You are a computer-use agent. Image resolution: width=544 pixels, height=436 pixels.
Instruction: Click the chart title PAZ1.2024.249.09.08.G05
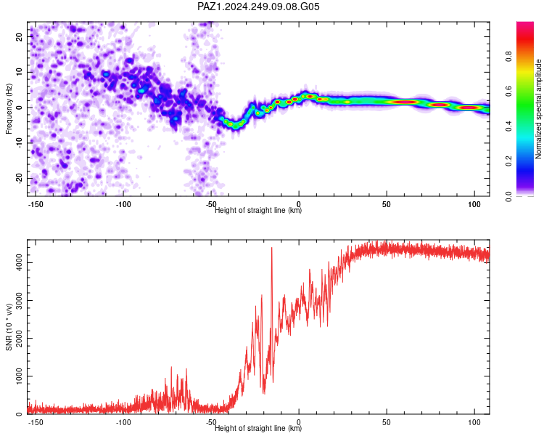pos(258,7)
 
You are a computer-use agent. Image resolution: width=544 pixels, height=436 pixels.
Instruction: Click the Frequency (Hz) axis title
pos(9,109)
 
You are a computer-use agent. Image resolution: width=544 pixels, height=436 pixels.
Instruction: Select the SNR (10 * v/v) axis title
pos(9,327)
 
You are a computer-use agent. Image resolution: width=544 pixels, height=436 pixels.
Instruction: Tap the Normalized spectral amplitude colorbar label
pos(538,109)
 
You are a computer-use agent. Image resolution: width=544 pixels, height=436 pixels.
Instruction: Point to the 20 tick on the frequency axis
pos(20,36)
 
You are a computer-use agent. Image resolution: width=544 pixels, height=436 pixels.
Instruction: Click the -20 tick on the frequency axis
pos(20,178)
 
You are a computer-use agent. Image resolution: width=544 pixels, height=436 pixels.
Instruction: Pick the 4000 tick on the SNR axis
pos(20,262)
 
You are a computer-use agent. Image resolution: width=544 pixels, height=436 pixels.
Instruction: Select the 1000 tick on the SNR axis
pos(20,376)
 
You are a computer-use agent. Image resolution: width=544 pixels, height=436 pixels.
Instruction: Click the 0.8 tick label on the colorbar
pos(508,56)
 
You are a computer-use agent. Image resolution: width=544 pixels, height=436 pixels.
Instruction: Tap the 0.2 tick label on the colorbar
pos(508,161)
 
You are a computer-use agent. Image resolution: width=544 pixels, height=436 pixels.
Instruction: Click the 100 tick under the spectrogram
pos(474,204)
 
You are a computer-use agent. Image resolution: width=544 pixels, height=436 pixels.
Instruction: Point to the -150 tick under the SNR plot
pos(36,422)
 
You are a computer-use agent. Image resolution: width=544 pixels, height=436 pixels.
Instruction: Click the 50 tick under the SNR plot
pos(387,422)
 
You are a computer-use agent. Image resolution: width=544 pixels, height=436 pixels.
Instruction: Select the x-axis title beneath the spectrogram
pos(258,210)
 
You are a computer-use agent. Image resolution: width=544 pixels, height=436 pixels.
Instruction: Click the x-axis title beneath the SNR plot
pos(258,428)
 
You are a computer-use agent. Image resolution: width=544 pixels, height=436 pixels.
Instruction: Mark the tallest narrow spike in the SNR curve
pos(272,248)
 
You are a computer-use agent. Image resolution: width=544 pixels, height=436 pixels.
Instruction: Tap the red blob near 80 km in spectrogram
pos(440,105)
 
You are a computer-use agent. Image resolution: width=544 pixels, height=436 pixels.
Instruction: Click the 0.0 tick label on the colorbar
pos(508,196)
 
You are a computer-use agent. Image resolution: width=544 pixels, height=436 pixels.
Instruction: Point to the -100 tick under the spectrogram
pos(123,204)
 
